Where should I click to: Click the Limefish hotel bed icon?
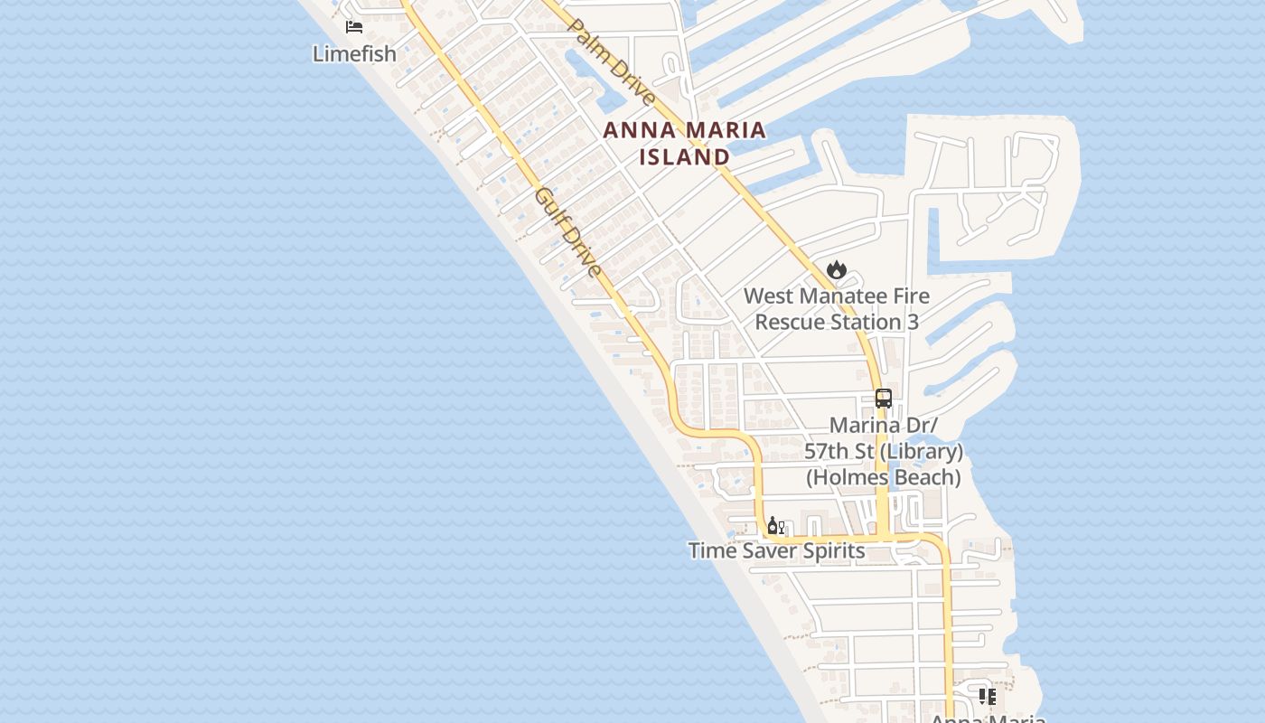click(354, 27)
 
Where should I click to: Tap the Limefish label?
click(354, 53)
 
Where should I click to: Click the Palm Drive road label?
click(612, 61)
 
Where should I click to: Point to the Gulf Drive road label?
click(567, 232)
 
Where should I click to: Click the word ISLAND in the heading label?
click(684, 156)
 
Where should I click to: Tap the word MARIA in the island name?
click(724, 130)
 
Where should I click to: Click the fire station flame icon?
click(836, 269)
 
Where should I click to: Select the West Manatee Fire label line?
click(836, 296)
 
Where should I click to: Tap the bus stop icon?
click(883, 399)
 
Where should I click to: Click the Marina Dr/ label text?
click(883, 425)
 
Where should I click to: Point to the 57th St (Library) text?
click(883, 451)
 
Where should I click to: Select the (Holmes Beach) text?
click(883, 477)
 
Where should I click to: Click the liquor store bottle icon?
click(775, 526)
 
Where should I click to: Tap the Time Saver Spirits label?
click(776, 550)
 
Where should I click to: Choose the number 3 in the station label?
click(912, 322)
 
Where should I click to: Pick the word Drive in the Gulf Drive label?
click(580, 249)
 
